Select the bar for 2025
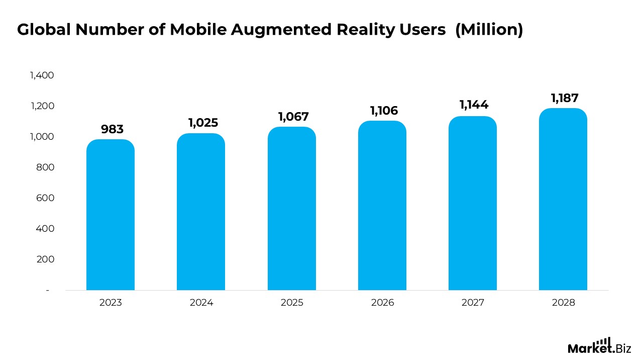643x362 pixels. [292, 209]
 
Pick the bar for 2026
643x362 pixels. [382, 206]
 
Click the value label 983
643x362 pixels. [112, 129]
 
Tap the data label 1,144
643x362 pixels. [474, 105]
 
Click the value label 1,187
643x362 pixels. [565, 99]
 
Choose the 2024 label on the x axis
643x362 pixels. [201, 303]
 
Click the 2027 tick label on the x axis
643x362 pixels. [473, 303]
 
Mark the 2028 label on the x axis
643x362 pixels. [563, 303]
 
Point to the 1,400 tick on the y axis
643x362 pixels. [42, 75]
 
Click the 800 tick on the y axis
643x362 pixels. [46, 167]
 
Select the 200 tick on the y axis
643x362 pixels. [46, 259]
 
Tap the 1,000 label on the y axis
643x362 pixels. [42, 137]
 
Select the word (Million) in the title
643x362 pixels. [489, 30]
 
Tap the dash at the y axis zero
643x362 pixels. [48, 291]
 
